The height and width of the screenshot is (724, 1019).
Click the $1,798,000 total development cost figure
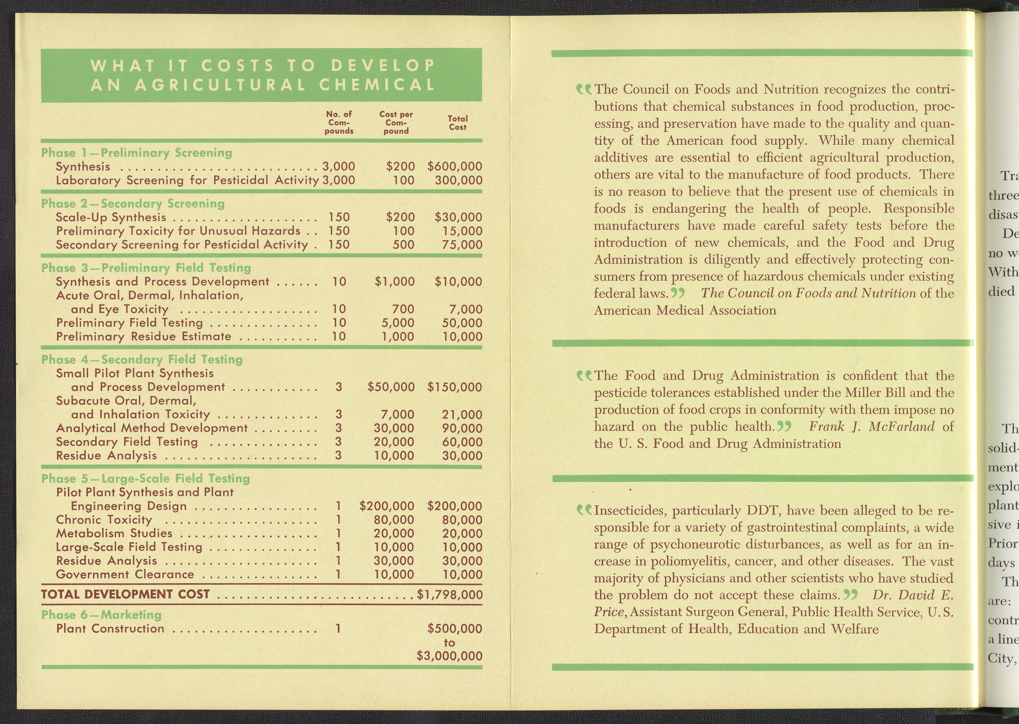449,595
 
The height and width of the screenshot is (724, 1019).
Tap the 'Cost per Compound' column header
396,123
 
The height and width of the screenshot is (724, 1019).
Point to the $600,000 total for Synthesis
454,166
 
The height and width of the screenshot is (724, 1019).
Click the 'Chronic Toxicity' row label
104,520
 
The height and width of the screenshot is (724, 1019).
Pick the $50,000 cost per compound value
391,387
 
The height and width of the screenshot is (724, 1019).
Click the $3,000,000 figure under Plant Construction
449,656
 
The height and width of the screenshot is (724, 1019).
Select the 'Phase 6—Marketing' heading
101,615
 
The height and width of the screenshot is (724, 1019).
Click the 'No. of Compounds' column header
339,123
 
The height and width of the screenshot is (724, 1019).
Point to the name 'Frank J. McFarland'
871,427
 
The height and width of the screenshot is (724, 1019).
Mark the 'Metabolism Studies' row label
114,533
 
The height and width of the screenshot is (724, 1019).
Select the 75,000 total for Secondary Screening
462,245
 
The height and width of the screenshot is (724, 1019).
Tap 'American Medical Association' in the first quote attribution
685,310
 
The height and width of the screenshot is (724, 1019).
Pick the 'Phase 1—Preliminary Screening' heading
137,152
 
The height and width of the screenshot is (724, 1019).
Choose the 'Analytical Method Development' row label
152,428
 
